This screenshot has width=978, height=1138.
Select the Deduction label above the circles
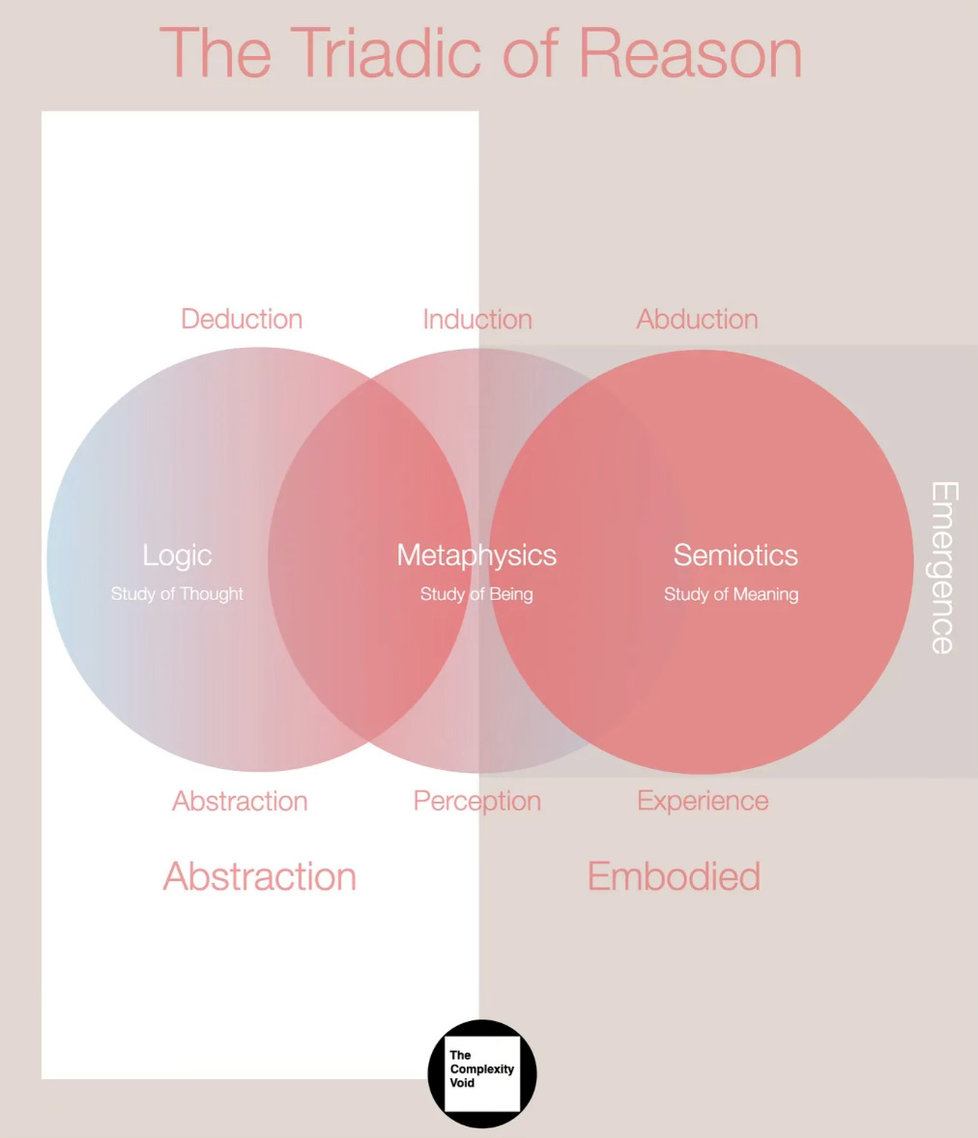(242, 319)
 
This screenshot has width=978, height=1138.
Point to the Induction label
(477, 319)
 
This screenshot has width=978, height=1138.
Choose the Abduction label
(697, 319)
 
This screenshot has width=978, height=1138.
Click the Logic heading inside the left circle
(177, 555)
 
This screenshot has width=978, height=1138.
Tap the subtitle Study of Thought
(177, 594)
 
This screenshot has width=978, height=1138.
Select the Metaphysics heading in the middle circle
(476, 555)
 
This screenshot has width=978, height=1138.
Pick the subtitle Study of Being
(476, 594)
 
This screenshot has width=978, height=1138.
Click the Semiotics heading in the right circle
(735, 555)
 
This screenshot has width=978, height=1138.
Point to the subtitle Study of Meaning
(731, 594)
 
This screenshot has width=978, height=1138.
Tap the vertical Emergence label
(943, 567)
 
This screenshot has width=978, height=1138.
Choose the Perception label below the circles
(477, 801)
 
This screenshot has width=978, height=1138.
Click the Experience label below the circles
(703, 801)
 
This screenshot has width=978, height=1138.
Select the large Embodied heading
(674, 876)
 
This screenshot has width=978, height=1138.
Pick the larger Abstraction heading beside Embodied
(260, 876)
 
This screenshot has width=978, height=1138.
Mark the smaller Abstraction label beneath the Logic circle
(240, 801)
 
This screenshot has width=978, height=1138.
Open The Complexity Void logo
(481, 1073)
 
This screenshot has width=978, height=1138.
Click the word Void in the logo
(462, 1083)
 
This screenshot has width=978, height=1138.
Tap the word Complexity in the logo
(481, 1069)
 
